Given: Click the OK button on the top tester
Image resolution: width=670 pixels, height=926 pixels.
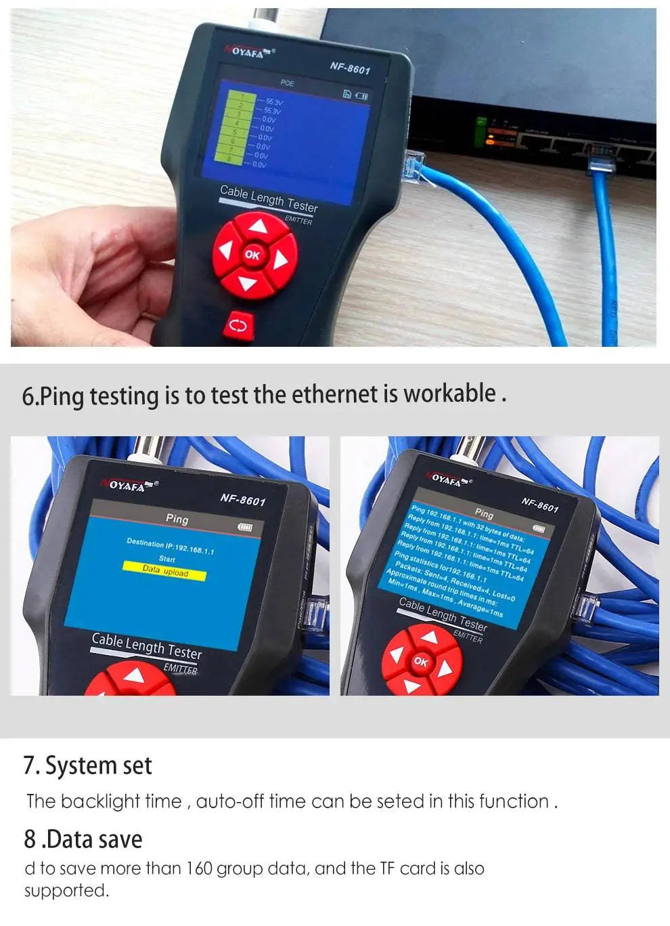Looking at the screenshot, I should click(252, 255).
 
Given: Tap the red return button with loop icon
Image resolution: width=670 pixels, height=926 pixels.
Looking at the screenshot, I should click(238, 326).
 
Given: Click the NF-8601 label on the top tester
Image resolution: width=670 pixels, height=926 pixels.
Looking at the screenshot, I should click(350, 68).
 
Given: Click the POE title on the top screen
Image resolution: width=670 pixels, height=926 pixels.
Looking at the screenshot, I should click(288, 83).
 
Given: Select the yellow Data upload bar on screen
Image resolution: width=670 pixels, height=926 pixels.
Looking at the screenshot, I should click(164, 571).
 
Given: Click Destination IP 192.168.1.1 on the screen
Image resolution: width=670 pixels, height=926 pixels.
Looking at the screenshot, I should click(170, 546).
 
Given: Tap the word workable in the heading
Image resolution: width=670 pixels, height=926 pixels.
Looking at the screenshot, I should click(449, 394).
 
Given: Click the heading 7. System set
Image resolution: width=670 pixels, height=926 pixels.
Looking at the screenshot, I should click(87, 765).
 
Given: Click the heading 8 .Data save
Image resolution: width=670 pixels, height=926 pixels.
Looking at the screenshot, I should click(83, 839).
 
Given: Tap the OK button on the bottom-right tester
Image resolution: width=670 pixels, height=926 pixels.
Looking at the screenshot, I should click(420, 662).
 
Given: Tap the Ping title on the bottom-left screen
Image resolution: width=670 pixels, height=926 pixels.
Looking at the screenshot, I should click(177, 518).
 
